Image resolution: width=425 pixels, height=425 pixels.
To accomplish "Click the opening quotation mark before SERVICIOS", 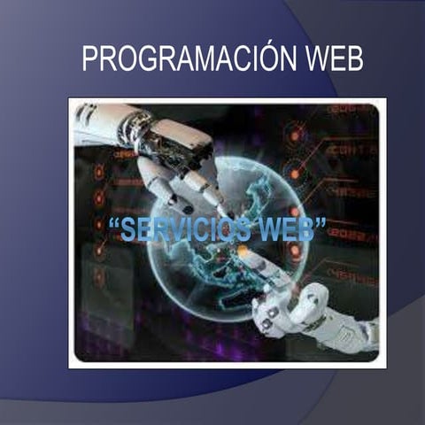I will click(112, 223).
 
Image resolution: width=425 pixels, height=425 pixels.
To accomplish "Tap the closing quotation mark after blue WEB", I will click(321, 222).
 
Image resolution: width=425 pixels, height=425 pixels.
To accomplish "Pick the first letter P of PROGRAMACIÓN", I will click(89, 59).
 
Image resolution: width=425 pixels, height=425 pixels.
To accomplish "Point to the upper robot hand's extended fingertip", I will click(216, 200).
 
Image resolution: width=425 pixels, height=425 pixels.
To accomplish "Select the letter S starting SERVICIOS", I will click(127, 229).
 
